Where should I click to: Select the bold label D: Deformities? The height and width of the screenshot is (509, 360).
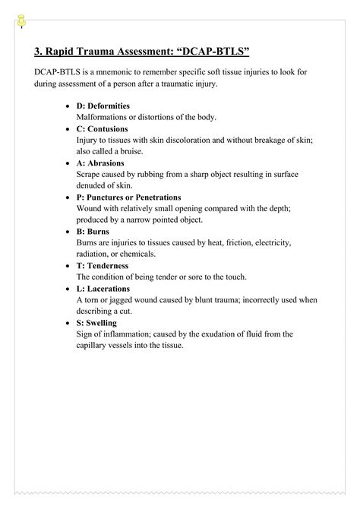click(x=103, y=106)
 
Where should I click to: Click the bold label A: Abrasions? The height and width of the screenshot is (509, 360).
click(x=100, y=163)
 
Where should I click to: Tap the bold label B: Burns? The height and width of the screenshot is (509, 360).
click(x=93, y=231)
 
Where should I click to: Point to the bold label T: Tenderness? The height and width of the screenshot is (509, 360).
click(x=103, y=266)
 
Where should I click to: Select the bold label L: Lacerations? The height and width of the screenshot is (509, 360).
click(x=103, y=289)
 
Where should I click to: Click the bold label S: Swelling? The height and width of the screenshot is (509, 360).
click(x=96, y=323)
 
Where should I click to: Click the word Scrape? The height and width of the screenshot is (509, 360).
click(x=89, y=174)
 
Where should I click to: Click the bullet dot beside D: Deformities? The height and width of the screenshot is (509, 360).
click(x=70, y=106)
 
